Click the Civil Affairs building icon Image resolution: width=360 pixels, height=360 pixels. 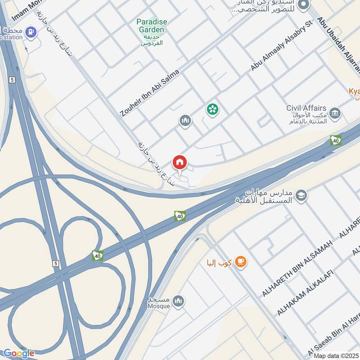[335, 113]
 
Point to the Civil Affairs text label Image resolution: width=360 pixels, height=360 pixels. [306, 108]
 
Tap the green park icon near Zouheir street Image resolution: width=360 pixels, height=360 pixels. [212, 108]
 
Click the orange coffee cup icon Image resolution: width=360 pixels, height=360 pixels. [241, 262]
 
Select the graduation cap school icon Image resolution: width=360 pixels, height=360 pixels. [301, 195]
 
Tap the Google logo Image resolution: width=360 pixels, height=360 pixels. [18, 353]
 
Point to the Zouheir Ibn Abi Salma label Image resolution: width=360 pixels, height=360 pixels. [150, 93]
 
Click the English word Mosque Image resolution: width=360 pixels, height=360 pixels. [158, 306]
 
